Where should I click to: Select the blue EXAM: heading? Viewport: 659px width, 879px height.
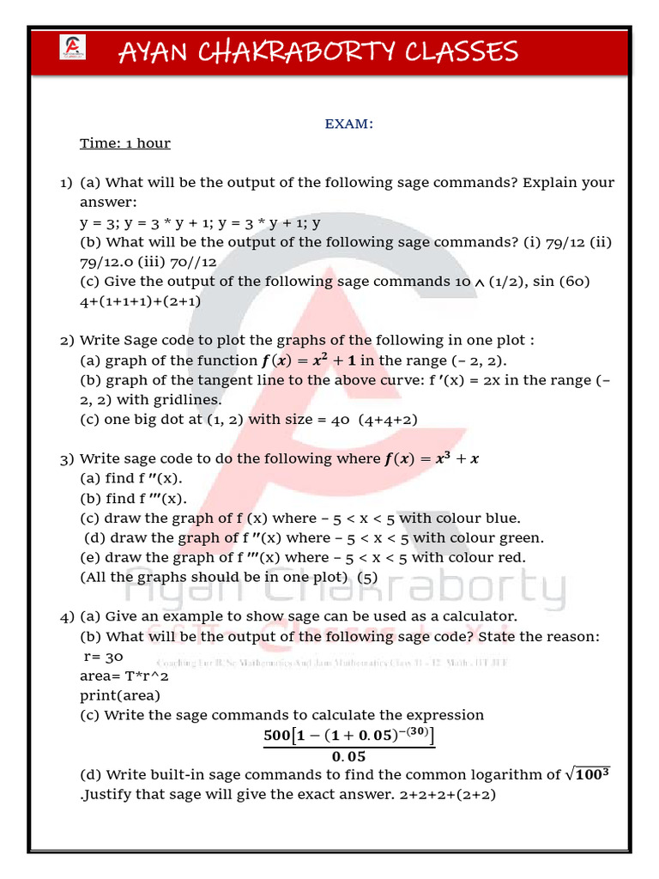pyautogui.click(x=348, y=124)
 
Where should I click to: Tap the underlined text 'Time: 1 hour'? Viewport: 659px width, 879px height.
pyautogui.click(x=125, y=143)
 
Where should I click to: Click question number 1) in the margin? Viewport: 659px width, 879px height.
pyautogui.click(x=66, y=183)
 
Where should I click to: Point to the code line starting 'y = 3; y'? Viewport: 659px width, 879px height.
pyautogui.click(x=200, y=222)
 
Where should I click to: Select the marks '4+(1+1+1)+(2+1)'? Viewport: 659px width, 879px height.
pyautogui.click(x=141, y=301)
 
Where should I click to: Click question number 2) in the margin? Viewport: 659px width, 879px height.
pyautogui.click(x=67, y=341)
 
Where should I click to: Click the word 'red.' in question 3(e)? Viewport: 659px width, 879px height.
pyautogui.click(x=511, y=558)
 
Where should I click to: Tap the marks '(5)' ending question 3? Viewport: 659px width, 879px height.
pyautogui.click(x=366, y=578)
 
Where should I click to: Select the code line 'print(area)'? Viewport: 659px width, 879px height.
pyautogui.click(x=120, y=695)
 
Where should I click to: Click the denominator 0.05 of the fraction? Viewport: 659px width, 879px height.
pyautogui.click(x=348, y=756)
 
